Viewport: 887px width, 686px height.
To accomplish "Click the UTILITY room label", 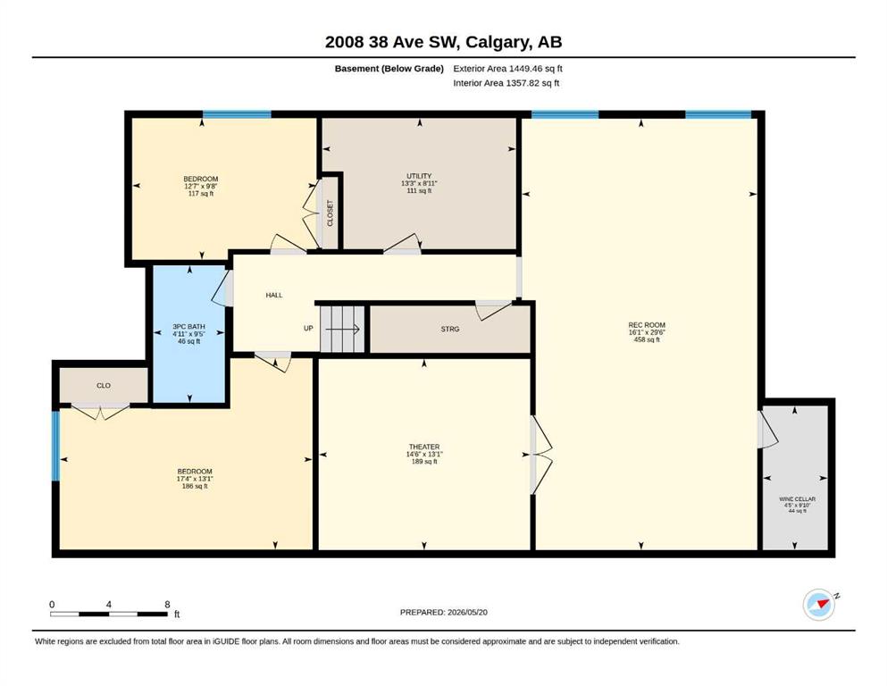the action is click(419, 176).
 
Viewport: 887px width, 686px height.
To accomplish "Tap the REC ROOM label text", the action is click(647, 325).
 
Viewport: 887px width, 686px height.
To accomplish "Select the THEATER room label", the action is click(424, 447).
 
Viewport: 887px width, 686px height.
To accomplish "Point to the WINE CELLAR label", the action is click(797, 499).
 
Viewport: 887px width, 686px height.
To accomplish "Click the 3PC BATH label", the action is click(189, 327).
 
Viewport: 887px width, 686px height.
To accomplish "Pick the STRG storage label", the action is click(450, 329).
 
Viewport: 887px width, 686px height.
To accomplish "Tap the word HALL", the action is click(274, 295).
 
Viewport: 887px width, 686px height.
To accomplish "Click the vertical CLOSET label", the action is click(331, 213).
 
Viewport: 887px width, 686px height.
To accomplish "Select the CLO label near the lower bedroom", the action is click(104, 386).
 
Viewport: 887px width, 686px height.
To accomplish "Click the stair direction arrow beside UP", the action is click(342, 329).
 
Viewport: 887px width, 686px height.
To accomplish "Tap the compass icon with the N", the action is click(820, 605).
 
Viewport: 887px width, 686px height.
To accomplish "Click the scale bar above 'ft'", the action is click(109, 614).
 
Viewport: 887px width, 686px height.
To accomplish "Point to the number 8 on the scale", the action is click(167, 604).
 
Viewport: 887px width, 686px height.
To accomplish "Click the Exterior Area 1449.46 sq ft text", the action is click(507, 69).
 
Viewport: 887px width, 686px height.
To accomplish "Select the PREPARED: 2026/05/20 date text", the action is click(443, 612).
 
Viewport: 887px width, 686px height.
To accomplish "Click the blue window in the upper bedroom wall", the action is click(237, 115).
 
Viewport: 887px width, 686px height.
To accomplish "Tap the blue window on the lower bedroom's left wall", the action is click(55, 447).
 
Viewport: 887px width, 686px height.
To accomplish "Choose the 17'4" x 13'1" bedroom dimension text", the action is click(195, 479).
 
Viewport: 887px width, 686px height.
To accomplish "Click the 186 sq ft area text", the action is click(195, 487).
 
